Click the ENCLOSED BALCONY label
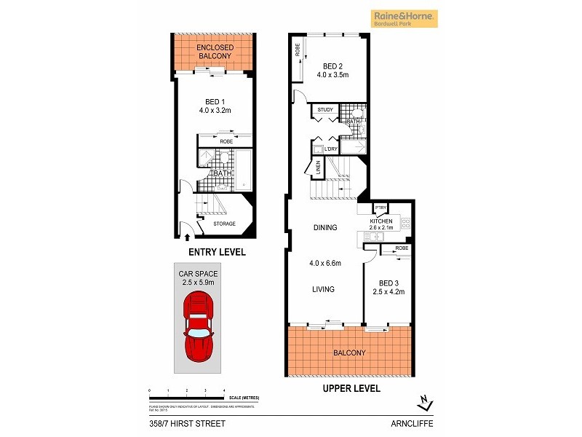[214, 51]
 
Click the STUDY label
[325, 110]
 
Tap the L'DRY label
[332, 149]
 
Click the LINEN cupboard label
[318, 168]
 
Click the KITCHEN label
[381, 221]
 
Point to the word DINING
[325, 228]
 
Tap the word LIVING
[323, 289]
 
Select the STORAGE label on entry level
[224, 224]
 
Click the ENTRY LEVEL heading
[217, 252]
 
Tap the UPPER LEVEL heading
[351, 389]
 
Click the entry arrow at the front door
[188, 237]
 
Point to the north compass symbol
[426, 402]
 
